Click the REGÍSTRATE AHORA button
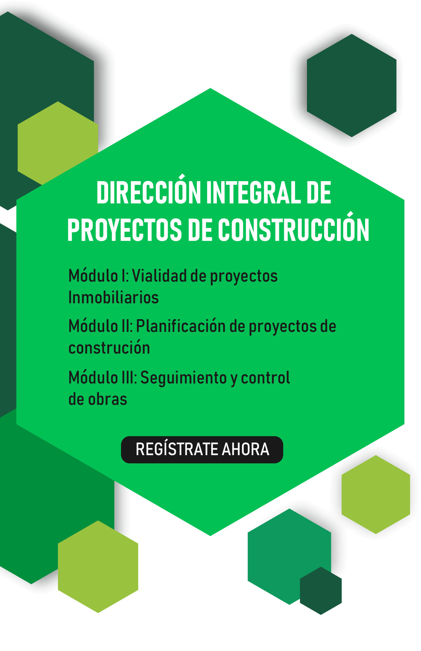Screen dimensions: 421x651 pos(202,450)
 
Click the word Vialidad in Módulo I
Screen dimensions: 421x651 pos(159,276)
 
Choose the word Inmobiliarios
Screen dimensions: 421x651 pos(113,297)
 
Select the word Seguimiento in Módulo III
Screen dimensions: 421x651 pos(183,378)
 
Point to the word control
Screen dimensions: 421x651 pos(265,378)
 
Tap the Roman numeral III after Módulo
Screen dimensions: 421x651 pos(129,378)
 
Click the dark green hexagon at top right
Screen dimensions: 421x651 pos(352,85)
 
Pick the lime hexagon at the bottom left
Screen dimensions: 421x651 pos(98,567)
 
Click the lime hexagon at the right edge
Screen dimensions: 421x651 pos(376,494)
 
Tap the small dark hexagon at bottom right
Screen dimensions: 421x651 pos(321,591)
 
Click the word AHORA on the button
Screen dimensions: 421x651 pos(246,450)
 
